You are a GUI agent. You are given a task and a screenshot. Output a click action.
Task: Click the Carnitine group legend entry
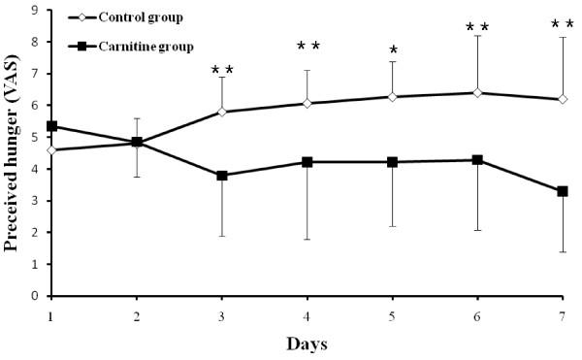[126, 46]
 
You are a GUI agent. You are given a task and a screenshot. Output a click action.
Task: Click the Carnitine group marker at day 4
[307, 162]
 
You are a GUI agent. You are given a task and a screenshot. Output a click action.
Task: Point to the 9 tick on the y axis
[36, 11]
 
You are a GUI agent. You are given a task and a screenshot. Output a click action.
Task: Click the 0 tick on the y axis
[36, 296]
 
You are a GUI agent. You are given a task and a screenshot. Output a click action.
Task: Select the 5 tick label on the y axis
[36, 138]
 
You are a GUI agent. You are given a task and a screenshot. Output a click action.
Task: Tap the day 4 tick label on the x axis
[307, 316]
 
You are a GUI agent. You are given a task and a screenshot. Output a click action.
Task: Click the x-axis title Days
[307, 344]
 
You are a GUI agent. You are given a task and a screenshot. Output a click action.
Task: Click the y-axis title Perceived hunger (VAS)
[14, 153]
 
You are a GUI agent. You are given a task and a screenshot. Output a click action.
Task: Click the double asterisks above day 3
[222, 70]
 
